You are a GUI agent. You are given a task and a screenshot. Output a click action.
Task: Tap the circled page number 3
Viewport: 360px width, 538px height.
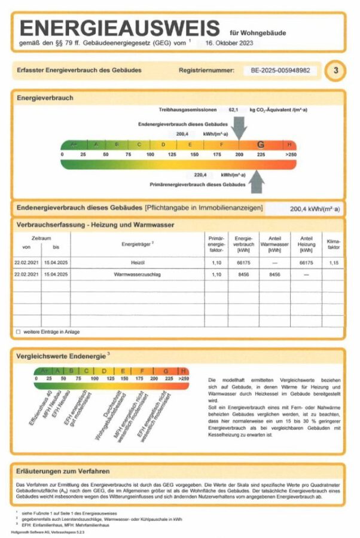tap(335, 71)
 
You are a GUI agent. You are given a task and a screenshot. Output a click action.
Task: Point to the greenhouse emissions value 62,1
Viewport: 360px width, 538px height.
tap(234, 110)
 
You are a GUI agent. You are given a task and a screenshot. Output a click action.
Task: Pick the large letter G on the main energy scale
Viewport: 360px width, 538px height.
tap(261, 145)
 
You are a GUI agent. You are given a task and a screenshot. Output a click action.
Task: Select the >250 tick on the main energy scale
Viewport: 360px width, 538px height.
tap(291, 154)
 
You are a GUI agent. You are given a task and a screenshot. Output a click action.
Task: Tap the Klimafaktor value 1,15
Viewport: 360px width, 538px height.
tap(333, 262)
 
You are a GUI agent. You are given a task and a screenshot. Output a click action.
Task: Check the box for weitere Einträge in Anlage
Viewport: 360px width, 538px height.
tap(18, 331)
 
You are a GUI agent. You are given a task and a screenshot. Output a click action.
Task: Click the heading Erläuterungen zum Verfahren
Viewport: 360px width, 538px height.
tap(63, 471)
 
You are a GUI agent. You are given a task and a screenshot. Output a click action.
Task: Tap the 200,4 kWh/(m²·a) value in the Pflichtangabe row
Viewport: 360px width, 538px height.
tap(315, 209)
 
